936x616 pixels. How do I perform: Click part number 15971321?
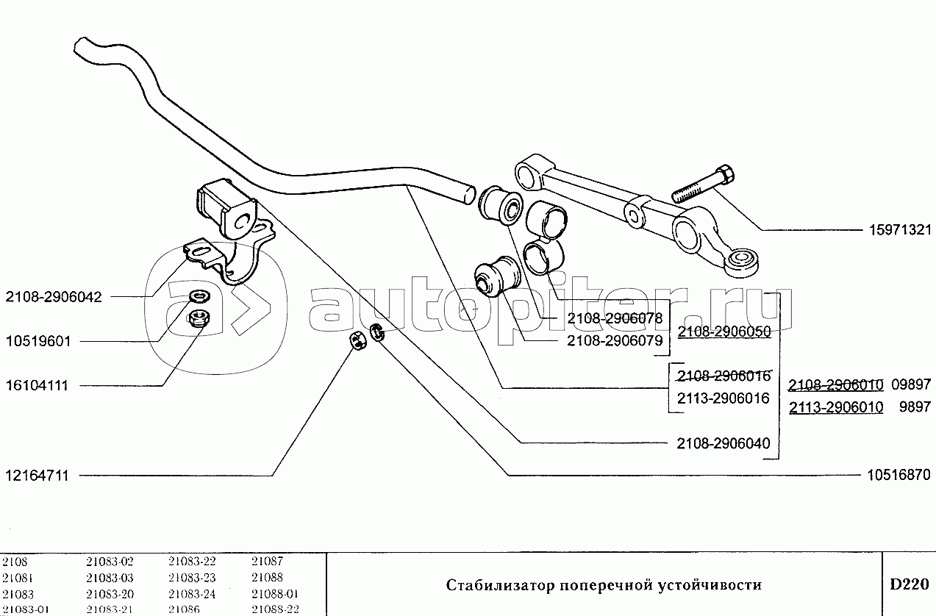[895, 230]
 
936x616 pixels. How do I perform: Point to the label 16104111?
[36, 386]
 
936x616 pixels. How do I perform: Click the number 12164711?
[36, 476]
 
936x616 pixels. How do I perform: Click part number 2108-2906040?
[724, 443]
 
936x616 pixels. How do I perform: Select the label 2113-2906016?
[724, 398]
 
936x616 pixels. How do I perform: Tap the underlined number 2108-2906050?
[724, 332]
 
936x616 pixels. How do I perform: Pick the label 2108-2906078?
[615, 319]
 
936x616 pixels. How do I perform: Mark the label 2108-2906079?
[615, 341]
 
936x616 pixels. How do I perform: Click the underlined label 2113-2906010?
[836, 407]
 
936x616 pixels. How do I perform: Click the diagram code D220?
[909, 585]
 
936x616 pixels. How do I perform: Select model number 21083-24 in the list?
[192, 594]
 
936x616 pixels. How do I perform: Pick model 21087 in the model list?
[266, 561]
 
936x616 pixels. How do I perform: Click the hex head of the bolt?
[724, 176]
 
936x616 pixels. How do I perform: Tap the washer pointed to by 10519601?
[197, 297]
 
